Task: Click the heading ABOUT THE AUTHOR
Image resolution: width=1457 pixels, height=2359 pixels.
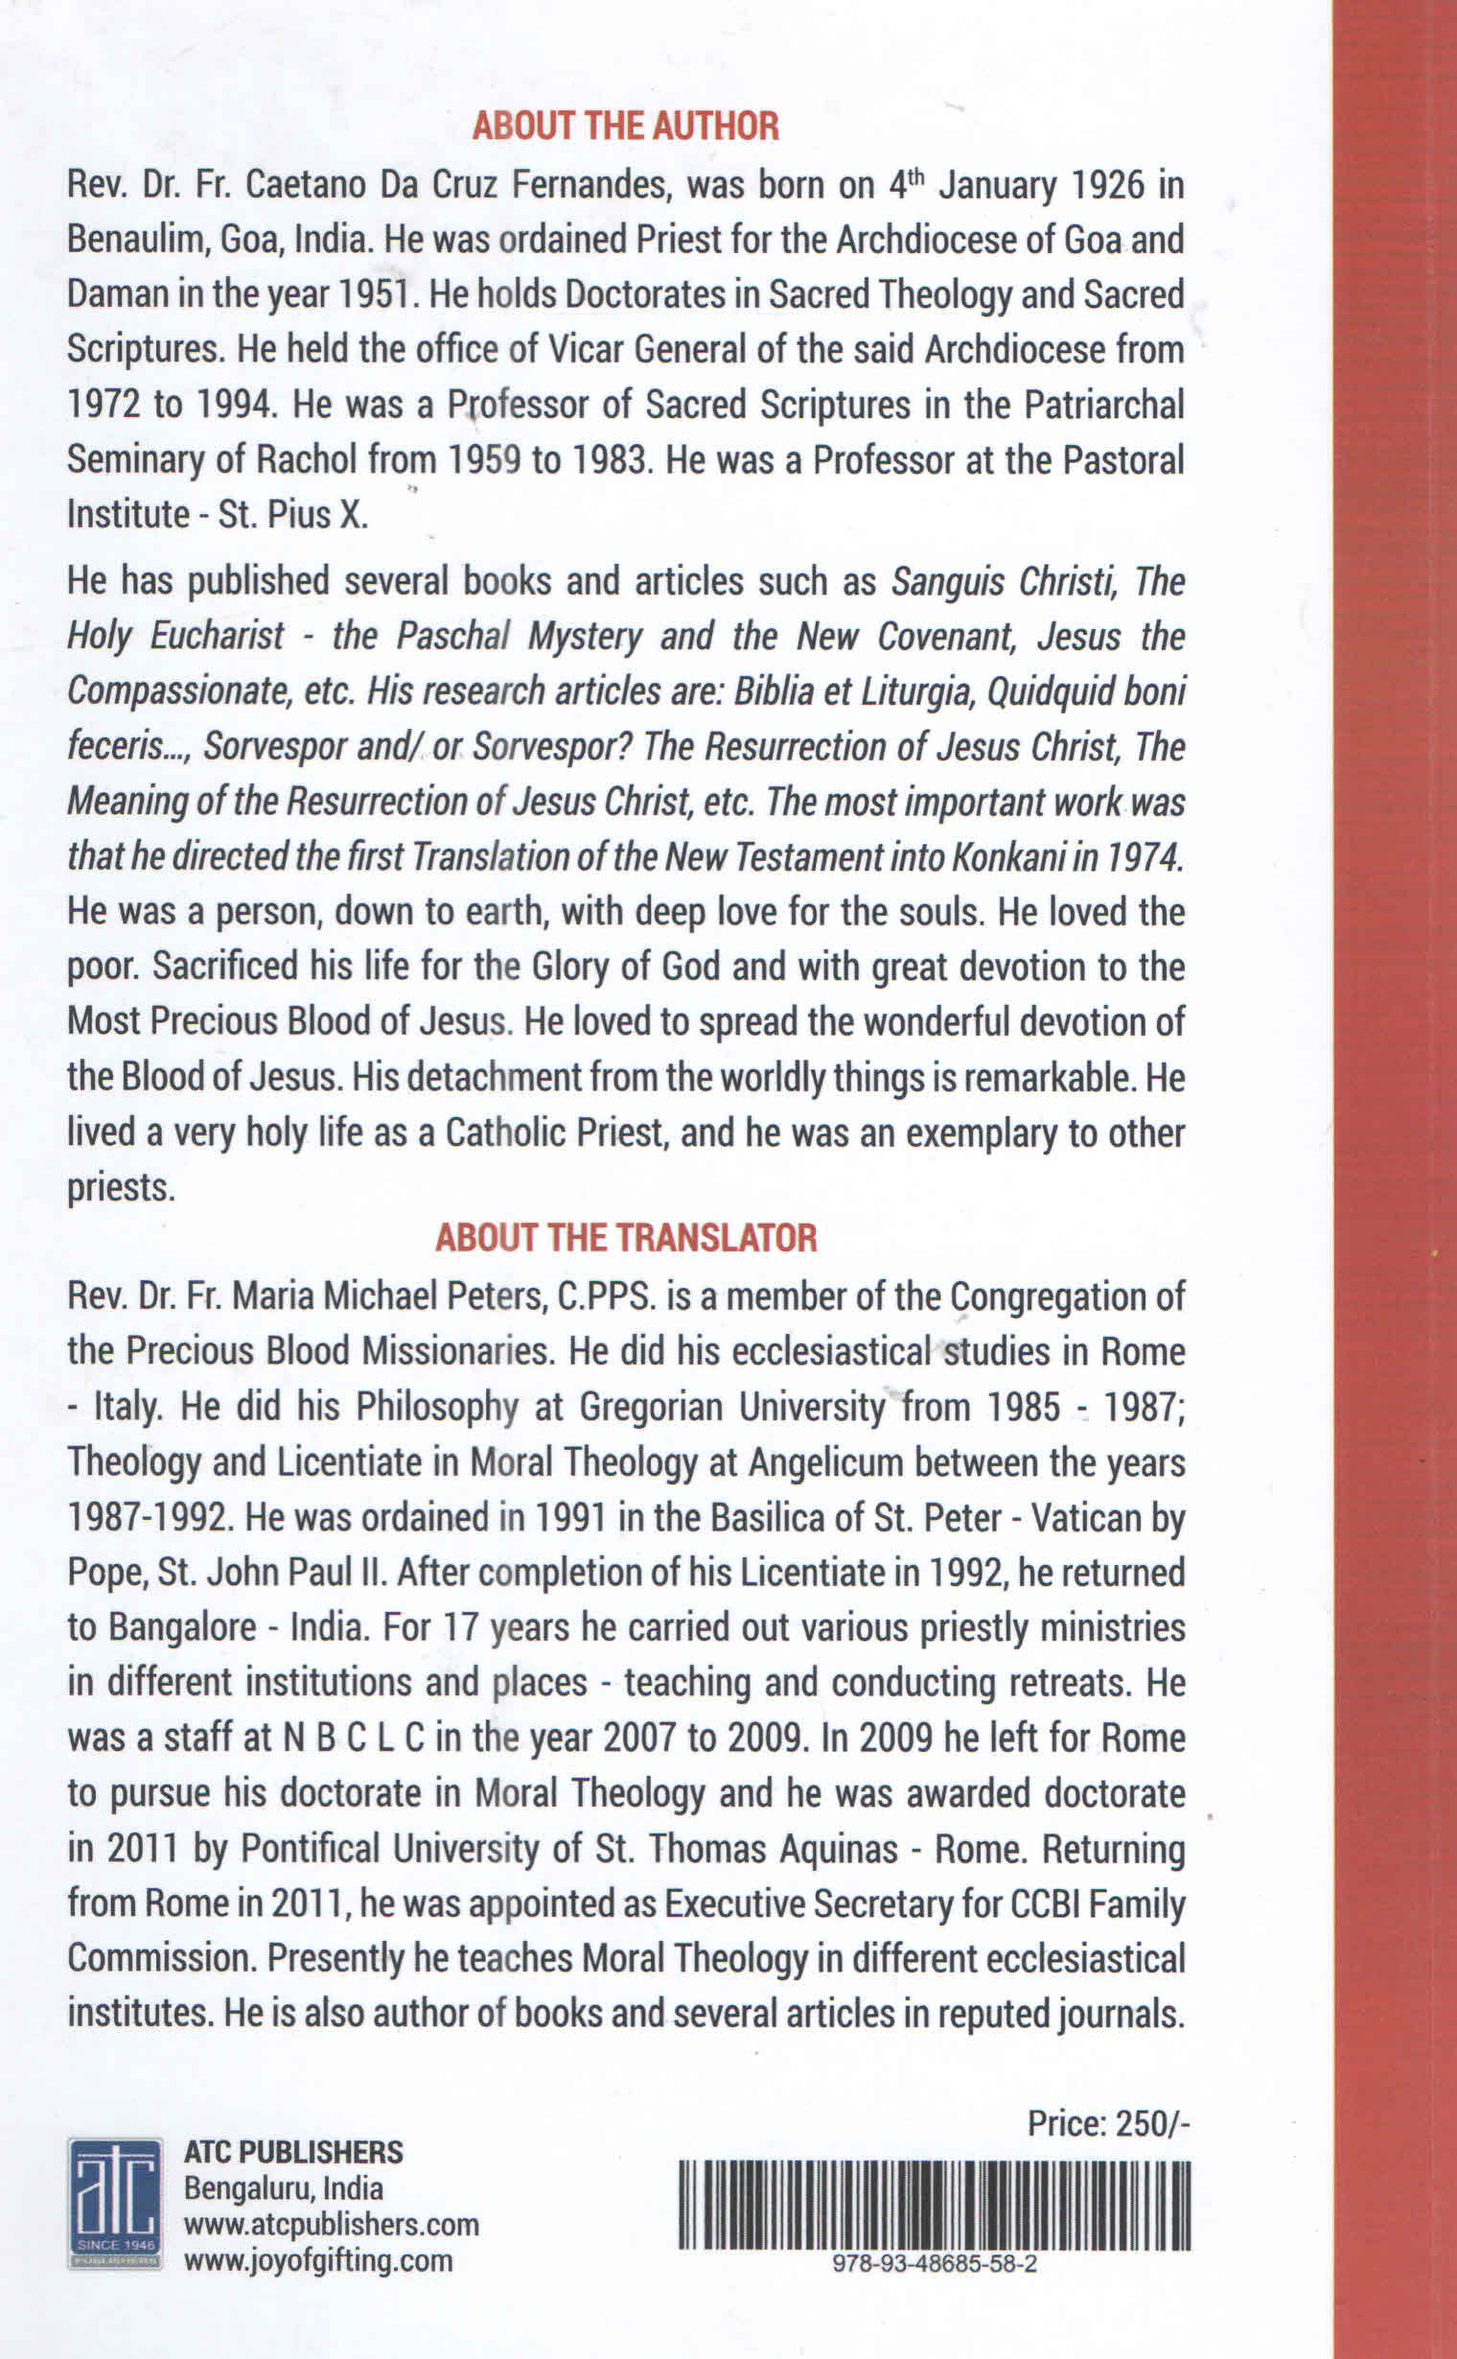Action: click(x=625, y=127)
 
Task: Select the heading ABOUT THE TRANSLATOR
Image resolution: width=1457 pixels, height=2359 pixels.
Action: click(x=625, y=1237)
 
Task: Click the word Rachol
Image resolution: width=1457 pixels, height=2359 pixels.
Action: click(x=308, y=459)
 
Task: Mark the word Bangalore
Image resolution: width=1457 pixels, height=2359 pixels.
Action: click(x=182, y=1627)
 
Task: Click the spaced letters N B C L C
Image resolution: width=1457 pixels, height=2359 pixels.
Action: click(x=354, y=1738)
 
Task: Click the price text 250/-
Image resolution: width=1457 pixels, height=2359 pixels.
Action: click(x=1153, y=2124)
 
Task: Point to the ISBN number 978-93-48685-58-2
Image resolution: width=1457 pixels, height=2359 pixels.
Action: click(x=934, y=2265)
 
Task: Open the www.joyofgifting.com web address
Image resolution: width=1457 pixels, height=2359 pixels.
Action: click(x=318, y=2260)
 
